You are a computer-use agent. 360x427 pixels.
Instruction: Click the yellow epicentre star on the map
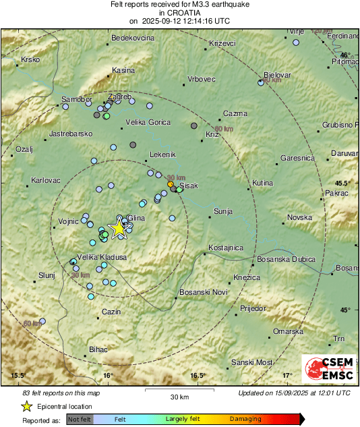pos(119,228)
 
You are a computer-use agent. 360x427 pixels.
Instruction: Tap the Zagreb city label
pos(119,96)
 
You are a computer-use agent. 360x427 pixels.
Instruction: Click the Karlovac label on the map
pos(46,180)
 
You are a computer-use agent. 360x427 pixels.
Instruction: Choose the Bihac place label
pos(98,349)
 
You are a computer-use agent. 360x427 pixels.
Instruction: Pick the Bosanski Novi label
pos(202,292)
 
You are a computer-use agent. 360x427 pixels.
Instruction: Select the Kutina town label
pos(262,183)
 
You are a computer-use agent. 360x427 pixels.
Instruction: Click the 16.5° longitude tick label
pos(197,375)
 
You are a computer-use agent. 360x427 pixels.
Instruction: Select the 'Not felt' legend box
pos(80,419)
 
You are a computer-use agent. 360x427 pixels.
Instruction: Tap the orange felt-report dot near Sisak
pos(171,184)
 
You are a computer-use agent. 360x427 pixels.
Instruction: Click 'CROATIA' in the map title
pos(179,12)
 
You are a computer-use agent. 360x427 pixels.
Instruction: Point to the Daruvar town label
pos(344,153)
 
